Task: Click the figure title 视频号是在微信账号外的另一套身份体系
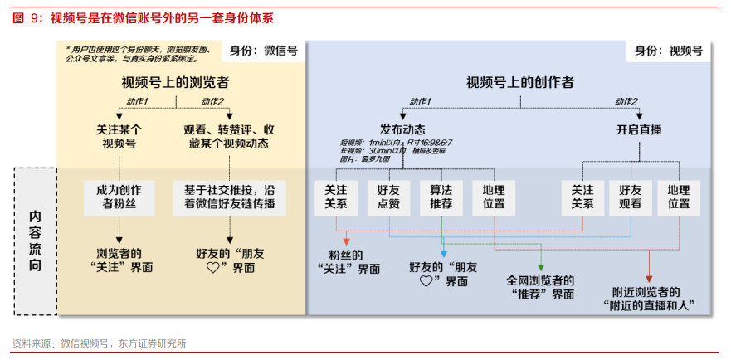coord(162,17)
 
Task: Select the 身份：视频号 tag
coord(668,51)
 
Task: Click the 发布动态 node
coord(402,129)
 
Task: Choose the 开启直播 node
coord(639,129)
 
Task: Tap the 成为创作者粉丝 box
coord(119,197)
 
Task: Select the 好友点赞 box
coord(387,197)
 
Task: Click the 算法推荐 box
coord(441,197)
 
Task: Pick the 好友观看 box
coord(631,197)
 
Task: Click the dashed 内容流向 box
coord(36,241)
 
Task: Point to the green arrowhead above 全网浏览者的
coord(540,268)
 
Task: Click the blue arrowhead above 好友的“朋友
coord(443,253)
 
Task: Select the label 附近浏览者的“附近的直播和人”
coord(648,299)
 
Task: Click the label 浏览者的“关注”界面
coord(119,260)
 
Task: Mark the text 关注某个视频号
coord(119,136)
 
